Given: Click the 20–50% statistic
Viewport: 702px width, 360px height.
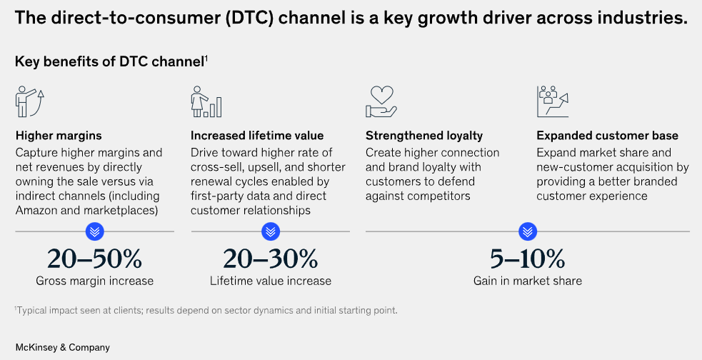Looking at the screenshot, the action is click(x=94, y=259).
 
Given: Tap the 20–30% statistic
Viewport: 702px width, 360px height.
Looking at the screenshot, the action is click(x=271, y=259).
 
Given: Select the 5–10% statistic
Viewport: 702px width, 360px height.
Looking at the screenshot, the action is click(x=528, y=259).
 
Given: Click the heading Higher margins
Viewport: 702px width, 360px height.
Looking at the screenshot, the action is click(x=59, y=136).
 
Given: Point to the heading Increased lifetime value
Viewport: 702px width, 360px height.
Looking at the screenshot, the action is click(x=257, y=136).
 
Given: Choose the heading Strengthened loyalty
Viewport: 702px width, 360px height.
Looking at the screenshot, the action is click(x=424, y=136).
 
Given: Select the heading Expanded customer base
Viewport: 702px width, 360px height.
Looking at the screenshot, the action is click(x=608, y=136).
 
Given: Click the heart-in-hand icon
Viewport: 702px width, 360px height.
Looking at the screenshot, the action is click(x=381, y=101).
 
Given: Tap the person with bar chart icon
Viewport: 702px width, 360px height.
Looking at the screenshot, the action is click(x=206, y=101).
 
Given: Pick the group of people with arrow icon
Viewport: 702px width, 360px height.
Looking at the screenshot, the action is click(x=553, y=101).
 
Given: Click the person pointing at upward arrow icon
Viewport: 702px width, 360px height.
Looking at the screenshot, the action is click(x=30, y=101).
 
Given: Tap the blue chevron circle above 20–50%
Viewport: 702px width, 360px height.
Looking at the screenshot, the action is click(x=94, y=231).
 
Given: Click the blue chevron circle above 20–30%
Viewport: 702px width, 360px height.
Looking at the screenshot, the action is click(x=271, y=231).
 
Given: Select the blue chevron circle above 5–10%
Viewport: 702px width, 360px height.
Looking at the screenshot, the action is click(x=528, y=231).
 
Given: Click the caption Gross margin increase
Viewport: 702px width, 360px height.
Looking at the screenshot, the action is click(x=94, y=281).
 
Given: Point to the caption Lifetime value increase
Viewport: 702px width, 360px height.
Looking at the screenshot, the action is click(x=271, y=281).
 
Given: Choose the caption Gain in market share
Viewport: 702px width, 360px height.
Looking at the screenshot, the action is click(x=528, y=281).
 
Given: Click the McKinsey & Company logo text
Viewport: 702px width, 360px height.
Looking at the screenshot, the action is click(x=63, y=347).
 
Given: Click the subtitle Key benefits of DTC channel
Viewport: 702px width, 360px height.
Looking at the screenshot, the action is click(x=110, y=61).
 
